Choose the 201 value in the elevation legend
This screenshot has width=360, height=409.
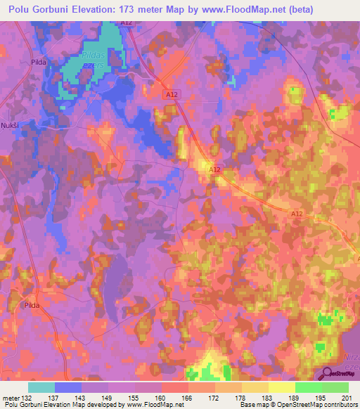tap(348, 398)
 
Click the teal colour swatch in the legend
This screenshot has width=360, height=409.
tap(41, 388)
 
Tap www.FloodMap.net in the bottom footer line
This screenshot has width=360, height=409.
tap(146, 405)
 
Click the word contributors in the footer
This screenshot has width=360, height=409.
tap(338, 405)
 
